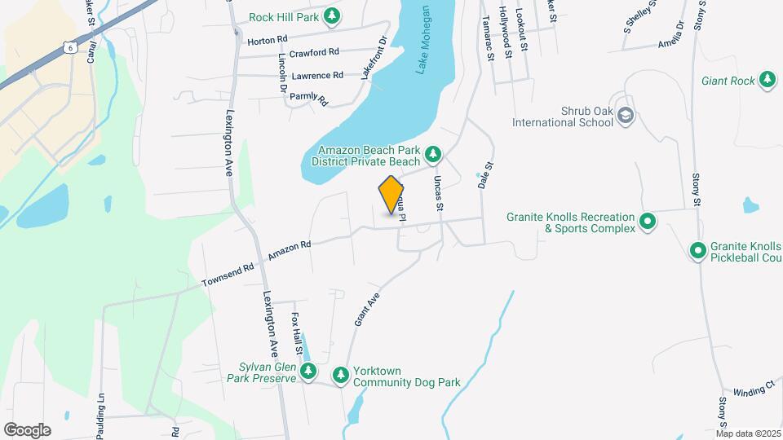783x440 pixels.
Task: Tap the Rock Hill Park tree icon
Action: [x=331, y=16]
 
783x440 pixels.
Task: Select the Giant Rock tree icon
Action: [x=767, y=79]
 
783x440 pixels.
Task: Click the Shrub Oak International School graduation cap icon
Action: [x=625, y=115]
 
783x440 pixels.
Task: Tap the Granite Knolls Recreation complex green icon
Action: [x=648, y=221]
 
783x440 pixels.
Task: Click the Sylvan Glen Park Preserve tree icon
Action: [x=307, y=372]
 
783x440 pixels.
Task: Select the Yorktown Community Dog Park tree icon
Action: [x=341, y=374]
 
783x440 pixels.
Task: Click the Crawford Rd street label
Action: [x=291, y=52]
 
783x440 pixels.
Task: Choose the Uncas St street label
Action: [x=438, y=193]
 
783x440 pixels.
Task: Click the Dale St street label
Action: [x=487, y=174]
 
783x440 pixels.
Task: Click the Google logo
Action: [x=27, y=429]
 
